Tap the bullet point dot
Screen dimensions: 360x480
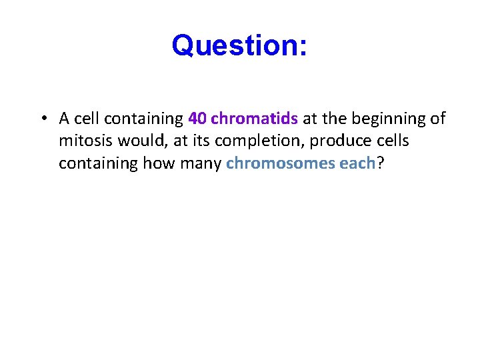pos(42,119)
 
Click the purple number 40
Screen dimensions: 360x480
pos(197,119)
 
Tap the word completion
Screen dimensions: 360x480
pos(232,141)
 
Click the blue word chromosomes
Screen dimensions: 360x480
pos(280,164)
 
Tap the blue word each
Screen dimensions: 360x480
pos(357,164)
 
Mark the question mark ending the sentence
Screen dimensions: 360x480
pos(380,164)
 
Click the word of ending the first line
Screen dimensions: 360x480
pos(438,119)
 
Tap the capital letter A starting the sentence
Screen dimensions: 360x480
pos(64,119)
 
